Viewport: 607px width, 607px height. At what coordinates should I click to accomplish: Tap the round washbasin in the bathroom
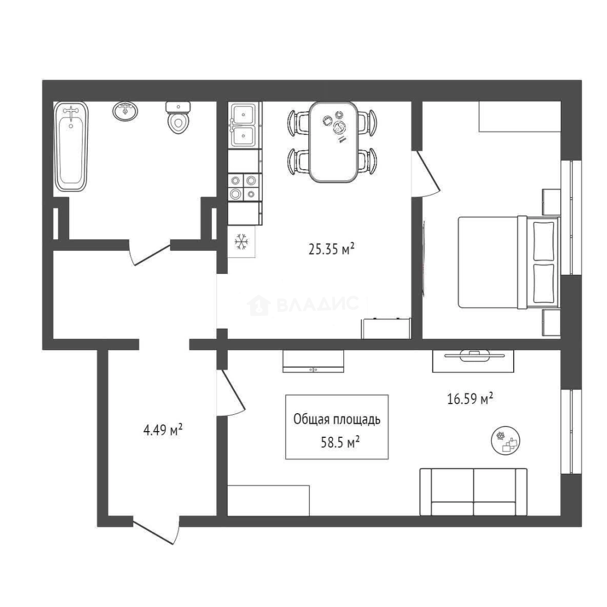pos(125,111)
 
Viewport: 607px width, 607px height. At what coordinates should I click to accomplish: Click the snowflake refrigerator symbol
pos(242,242)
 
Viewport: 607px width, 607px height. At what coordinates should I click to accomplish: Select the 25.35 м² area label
pos(332,250)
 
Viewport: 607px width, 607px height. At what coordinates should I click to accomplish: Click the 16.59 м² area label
pos(470,398)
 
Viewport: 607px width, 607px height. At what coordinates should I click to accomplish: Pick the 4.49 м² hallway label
pos(163,430)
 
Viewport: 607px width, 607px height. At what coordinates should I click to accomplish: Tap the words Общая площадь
pos(337,420)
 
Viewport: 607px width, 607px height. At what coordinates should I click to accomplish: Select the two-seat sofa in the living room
pos(473,492)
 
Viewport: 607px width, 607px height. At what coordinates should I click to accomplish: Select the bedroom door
pos(427,174)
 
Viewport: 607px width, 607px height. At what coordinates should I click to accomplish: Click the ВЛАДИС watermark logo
pos(303,304)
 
